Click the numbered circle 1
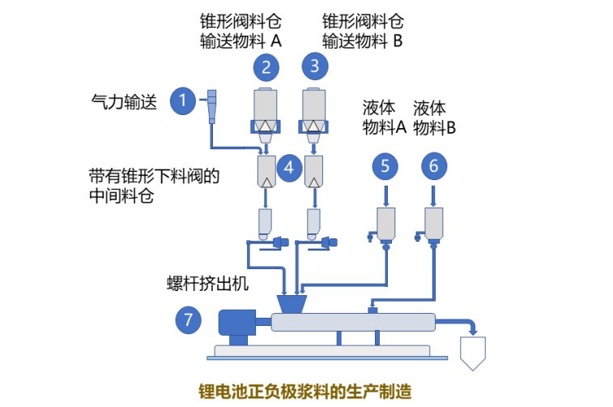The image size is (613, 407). tap(183, 101)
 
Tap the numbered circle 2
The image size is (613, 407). tap(266, 65)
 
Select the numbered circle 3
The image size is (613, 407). tap(314, 65)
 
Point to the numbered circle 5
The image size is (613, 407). tap(385, 167)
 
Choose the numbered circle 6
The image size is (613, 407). tap(434, 167)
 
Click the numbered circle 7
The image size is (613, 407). tap(189, 320)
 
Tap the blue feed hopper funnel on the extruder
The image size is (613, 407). tap(292, 304)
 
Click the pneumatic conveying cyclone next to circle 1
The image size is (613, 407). tap(212, 105)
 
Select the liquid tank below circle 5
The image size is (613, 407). tap(385, 223)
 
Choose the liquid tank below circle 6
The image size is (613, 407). tap(434, 223)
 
